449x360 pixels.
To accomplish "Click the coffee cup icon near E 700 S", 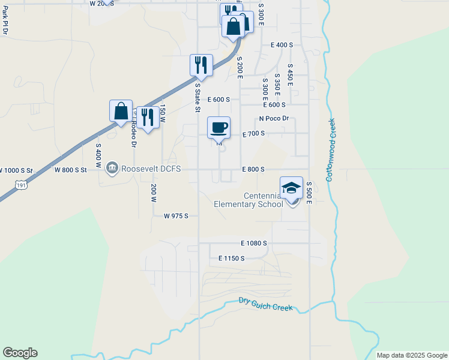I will (x=219, y=127).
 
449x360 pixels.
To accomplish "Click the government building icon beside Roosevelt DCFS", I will (x=112, y=168).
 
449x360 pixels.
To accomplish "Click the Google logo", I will (x=20, y=353).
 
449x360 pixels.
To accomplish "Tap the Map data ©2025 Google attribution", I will (x=412, y=355).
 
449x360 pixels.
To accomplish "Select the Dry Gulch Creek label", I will (x=265, y=304).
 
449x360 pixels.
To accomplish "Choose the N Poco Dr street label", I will (x=274, y=119).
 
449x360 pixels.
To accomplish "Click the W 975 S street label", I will (x=176, y=215).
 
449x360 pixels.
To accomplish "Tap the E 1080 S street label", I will (x=253, y=243).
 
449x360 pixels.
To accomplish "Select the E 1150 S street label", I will (x=231, y=258).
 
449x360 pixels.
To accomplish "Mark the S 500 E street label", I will (x=309, y=193).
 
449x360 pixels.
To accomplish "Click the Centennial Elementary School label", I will (x=248, y=200).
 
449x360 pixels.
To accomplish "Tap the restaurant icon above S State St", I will (x=201, y=65).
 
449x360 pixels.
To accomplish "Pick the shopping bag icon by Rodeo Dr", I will (x=121, y=110).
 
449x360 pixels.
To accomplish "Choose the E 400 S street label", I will (x=282, y=45).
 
